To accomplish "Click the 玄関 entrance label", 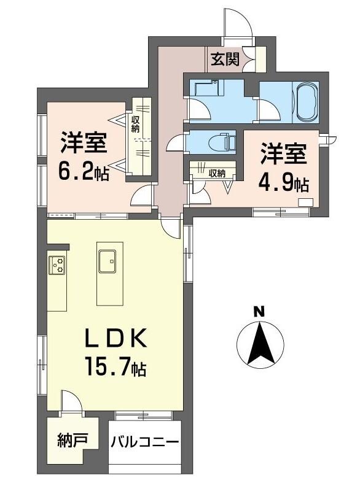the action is coord(225,59).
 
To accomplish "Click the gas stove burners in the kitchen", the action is coord(57,265).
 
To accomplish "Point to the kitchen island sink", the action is coord(107,261).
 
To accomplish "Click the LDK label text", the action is coord(117,339).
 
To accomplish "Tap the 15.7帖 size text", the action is coord(115,366).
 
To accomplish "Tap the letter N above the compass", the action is coord(259,312).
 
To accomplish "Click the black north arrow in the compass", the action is coord(260,344).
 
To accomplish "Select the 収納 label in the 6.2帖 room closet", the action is coord(135,125).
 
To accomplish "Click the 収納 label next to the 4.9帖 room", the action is coord(217,174).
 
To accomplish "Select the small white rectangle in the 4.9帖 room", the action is coord(306,202).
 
